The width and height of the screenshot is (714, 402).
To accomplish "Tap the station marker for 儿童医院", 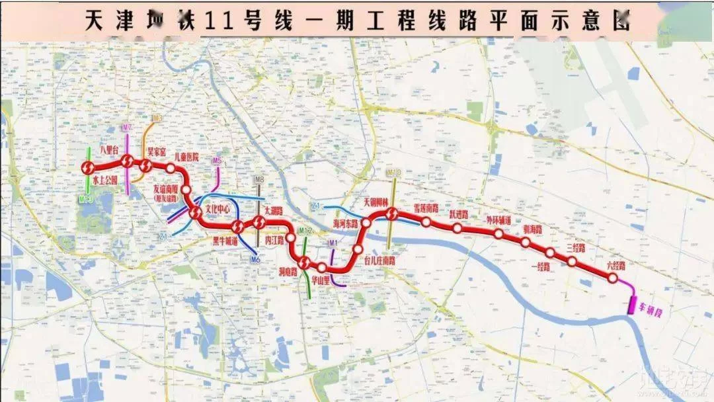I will point(171,168).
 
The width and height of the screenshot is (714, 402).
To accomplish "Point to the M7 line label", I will point(128,127).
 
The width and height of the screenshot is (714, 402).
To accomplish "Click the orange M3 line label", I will point(157,118).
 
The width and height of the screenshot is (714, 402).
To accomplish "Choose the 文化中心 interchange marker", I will point(196,213).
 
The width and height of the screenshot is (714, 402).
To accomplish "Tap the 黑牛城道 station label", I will point(225,241).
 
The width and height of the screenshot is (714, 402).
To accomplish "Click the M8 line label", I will point(259,179).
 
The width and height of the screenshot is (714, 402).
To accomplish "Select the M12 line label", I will point(305,231).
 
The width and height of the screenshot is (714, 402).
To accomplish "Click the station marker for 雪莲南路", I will point(426,221).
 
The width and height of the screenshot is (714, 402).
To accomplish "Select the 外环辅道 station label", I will point(498,220).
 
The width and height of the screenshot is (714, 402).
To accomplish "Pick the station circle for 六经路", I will point(613,278).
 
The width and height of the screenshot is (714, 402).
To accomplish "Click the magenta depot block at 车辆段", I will point(632,305).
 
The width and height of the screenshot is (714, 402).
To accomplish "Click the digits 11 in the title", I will point(218,22).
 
